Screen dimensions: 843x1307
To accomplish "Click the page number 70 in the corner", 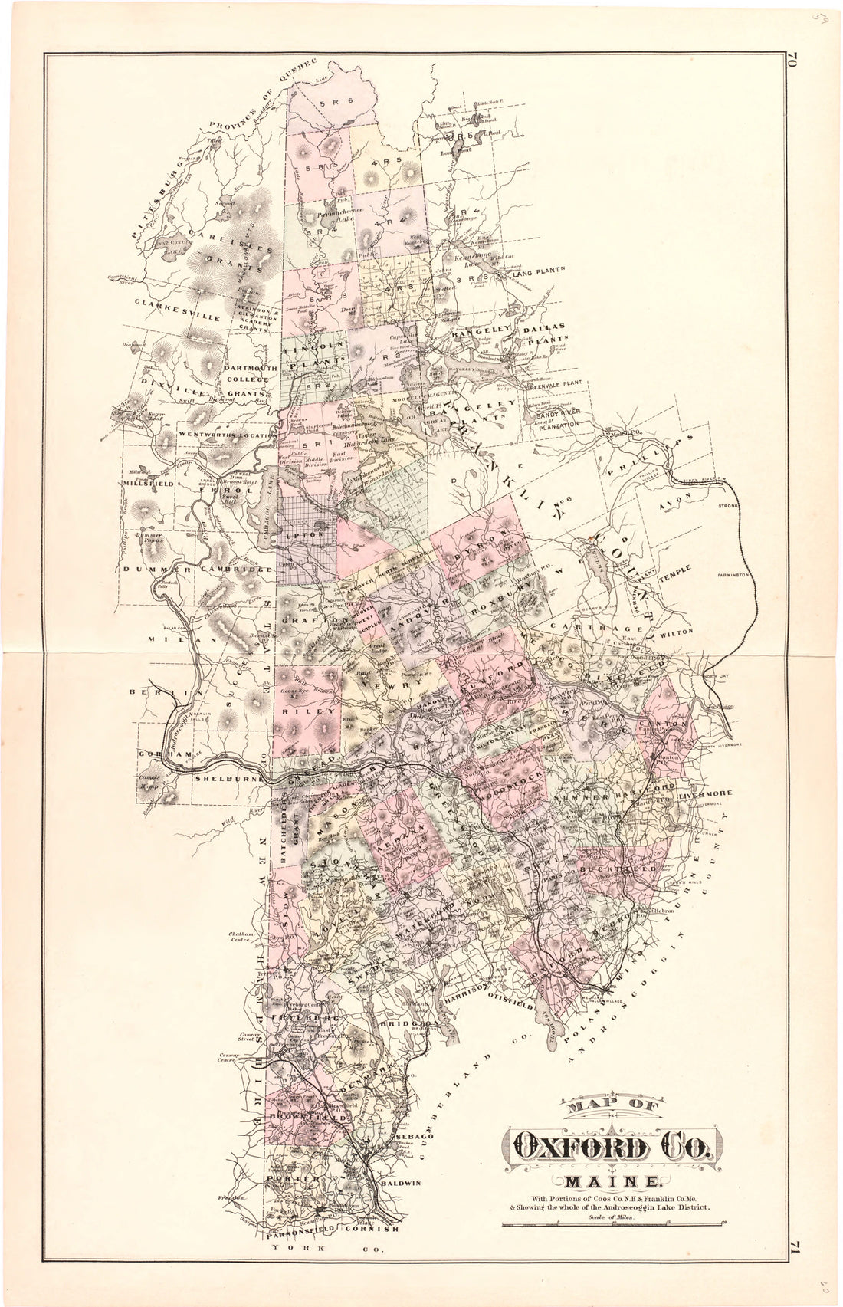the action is (792, 61).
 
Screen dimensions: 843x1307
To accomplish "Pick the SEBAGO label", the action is (418, 1137).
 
